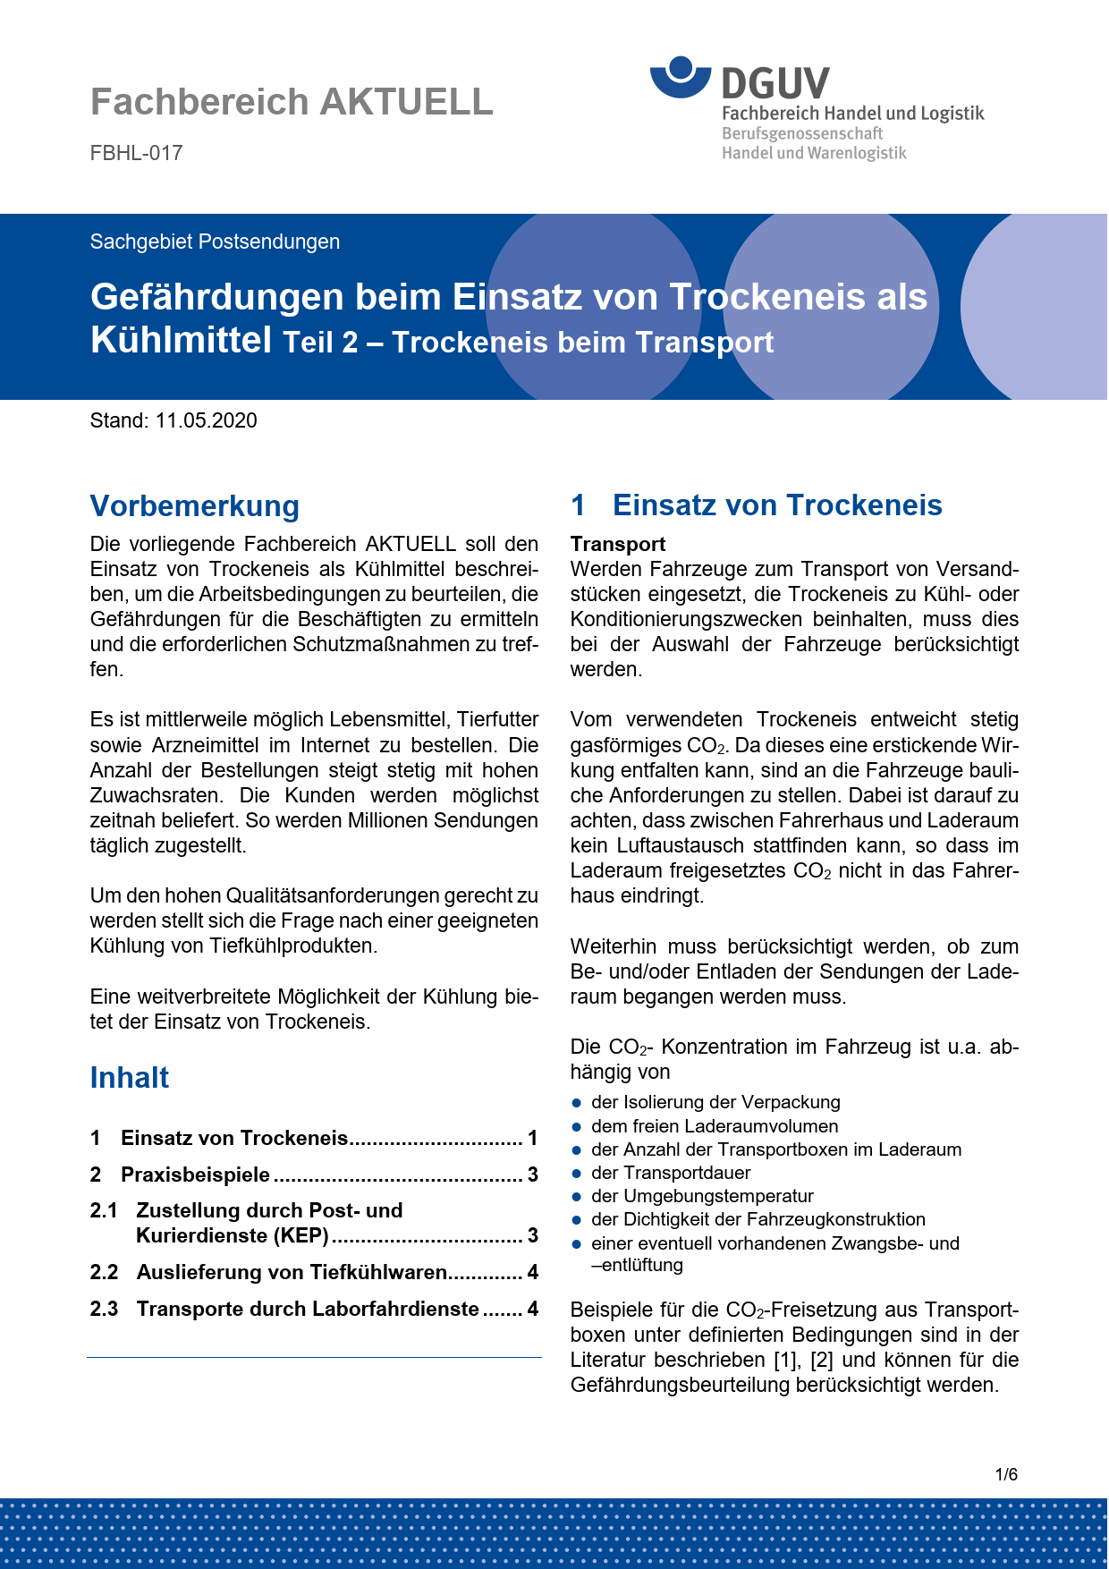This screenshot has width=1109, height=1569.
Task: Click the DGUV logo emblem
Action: [681, 76]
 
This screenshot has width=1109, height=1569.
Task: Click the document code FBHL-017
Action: [136, 153]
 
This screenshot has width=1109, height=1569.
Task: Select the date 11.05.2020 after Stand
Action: [206, 420]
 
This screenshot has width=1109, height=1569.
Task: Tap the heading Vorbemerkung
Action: [195, 505]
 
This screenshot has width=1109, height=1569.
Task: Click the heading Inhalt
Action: [130, 1078]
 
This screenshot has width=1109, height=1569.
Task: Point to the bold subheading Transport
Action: [618, 544]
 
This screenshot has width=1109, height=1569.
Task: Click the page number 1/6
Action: [1006, 1474]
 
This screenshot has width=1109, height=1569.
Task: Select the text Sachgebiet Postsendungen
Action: [215, 242]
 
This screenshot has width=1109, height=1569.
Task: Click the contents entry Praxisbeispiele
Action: [195, 1175]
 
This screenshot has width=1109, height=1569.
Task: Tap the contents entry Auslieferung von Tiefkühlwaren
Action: [292, 1272]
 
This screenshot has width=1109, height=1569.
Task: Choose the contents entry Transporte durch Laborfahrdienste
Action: [308, 1309]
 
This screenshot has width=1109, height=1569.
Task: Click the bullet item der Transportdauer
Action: [671, 1173]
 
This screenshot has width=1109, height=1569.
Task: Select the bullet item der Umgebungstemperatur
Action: [702, 1196]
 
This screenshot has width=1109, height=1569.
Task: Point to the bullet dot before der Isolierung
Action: [578, 1103]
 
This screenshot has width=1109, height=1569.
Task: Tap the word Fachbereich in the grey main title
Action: [199, 102]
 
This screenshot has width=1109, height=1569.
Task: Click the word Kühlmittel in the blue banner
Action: [181, 340]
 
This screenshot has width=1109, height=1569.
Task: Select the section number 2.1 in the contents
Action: [104, 1210]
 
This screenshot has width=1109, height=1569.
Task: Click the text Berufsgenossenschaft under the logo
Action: [802, 133]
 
